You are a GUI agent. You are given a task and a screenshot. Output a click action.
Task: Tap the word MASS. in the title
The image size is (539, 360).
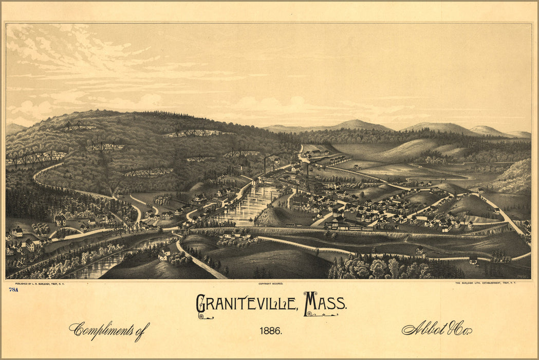[325, 304]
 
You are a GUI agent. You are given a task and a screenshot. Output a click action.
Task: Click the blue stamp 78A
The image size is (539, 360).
[13, 290]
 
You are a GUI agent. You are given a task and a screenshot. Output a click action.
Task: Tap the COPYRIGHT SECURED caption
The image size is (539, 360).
[271, 283]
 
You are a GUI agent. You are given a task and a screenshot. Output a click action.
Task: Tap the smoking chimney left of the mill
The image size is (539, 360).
[265, 165]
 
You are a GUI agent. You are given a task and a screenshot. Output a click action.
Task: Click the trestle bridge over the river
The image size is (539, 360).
[133, 226]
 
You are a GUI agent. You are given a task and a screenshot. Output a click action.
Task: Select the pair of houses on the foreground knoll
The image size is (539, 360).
[164, 254]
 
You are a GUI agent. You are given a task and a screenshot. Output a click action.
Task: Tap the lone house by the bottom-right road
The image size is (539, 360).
[473, 261]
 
